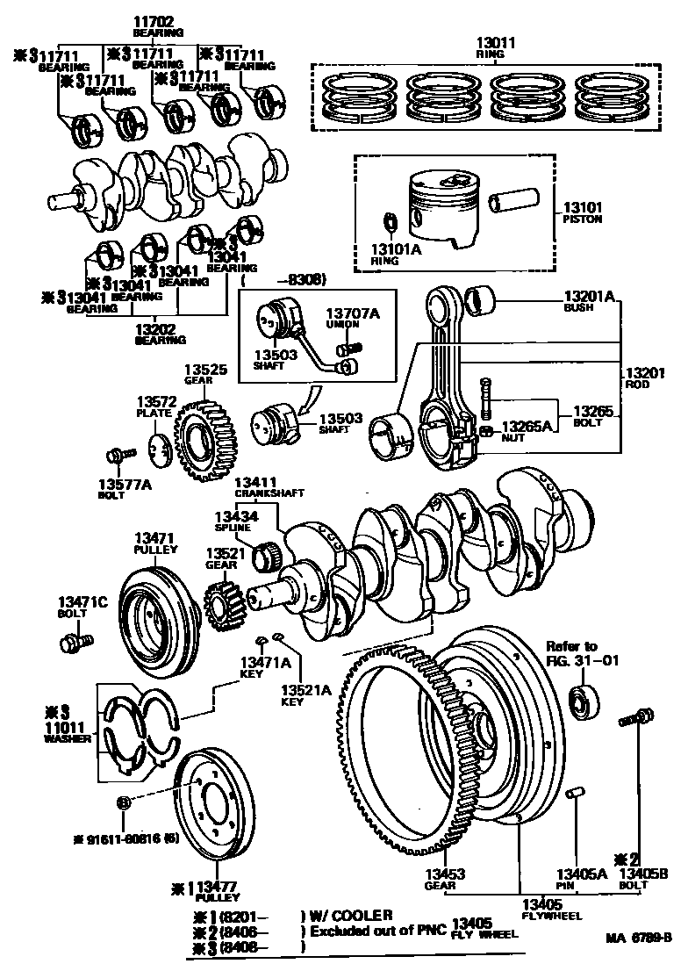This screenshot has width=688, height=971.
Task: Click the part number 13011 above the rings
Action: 495,47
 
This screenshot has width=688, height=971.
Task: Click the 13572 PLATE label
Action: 155,406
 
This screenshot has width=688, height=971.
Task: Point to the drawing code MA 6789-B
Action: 638,937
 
